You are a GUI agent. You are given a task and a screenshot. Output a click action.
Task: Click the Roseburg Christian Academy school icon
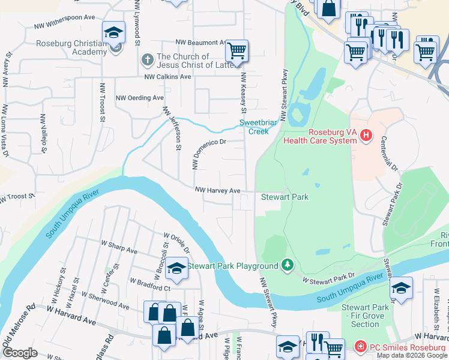(113, 34)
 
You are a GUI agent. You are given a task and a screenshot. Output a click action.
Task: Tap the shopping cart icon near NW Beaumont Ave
(237, 50)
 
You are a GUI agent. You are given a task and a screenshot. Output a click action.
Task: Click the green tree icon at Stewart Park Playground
(288, 265)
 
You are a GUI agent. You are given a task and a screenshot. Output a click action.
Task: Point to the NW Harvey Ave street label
(217, 191)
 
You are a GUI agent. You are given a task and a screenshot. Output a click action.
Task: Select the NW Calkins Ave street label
(167, 77)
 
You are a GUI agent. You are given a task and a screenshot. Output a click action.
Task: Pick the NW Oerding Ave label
(139, 98)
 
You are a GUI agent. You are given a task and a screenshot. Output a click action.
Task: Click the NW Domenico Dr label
(208, 154)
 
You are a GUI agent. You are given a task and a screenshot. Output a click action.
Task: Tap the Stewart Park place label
(285, 197)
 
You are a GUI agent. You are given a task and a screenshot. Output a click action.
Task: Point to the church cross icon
(147, 60)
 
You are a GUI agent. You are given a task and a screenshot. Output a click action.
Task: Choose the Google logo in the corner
(20, 353)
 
